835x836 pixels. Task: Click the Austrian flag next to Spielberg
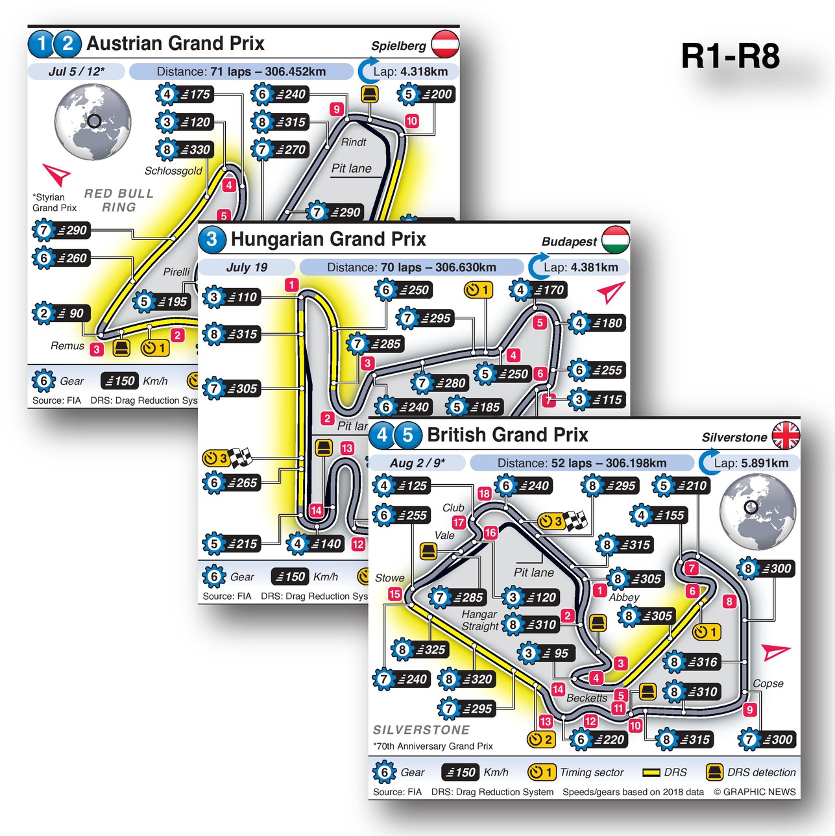tap(445, 44)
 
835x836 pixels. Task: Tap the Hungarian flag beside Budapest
tap(615, 240)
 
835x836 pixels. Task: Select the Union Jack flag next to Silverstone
tap(786, 435)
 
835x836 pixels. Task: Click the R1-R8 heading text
tap(730, 56)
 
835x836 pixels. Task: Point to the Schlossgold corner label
tap(173, 171)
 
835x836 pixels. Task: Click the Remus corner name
tap(67, 346)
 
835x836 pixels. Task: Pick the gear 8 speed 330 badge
tap(185, 150)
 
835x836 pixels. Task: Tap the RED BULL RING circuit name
tap(119, 201)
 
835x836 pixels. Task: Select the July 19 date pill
tap(247, 267)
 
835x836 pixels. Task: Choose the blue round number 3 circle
tap(212, 240)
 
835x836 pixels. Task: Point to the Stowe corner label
tap(389, 578)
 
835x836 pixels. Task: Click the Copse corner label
tap(768, 683)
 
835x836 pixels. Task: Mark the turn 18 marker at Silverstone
tap(484, 493)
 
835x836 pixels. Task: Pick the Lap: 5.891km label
tap(751, 463)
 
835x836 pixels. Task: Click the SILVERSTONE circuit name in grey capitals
tap(421, 730)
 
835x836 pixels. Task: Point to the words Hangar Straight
tap(479, 620)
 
